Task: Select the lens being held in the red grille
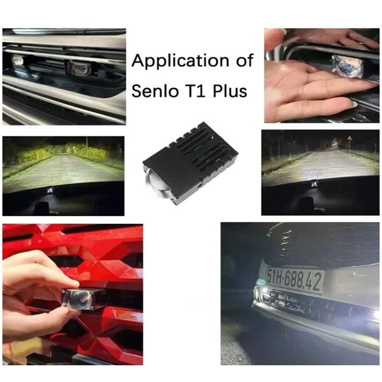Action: pyautogui.click(x=81, y=300)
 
